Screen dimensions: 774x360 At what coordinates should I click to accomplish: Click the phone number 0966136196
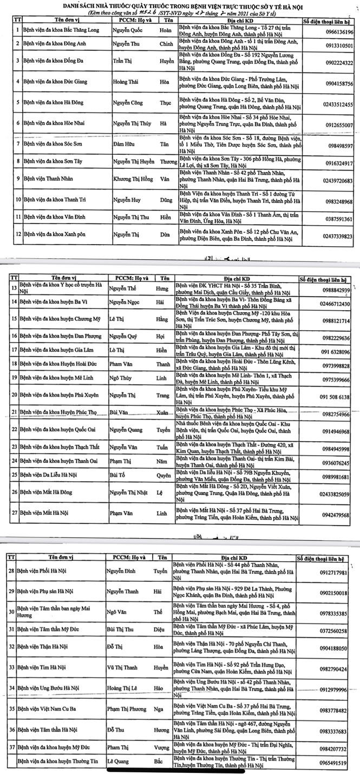336,32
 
